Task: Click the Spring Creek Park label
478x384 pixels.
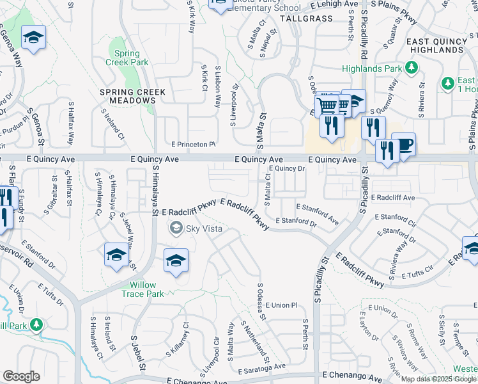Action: coord(131,58)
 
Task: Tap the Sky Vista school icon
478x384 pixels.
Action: coord(175,227)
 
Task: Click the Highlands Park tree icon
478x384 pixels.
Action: coord(412,68)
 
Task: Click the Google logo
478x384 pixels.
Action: coord(21,376)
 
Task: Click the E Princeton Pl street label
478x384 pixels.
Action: coord(192,145)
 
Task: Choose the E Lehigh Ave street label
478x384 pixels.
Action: coord(334,4)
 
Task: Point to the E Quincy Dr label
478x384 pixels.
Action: coord(287,168)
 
